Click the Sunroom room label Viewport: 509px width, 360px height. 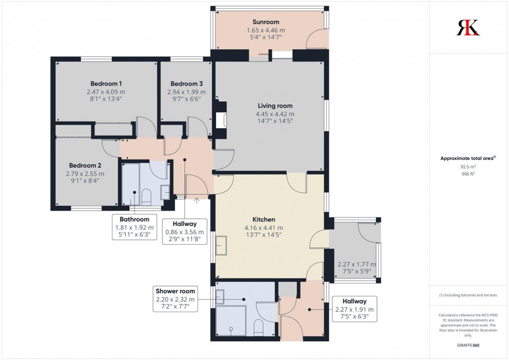(266, 22)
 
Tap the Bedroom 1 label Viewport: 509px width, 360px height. (106, 84)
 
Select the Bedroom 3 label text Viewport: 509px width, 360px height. (186, 84)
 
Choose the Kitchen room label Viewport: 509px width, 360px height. (264, 220)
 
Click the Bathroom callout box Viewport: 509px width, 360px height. (134, 228)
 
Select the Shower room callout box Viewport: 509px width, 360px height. (175, 299)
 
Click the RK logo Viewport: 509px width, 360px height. (468, 27)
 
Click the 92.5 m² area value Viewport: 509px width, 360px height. (468, 167)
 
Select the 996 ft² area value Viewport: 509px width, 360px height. (468, 174)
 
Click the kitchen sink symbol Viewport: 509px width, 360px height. (221, 246)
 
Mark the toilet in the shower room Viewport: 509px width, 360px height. (258, 327)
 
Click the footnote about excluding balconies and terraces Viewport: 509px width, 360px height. (468, 295)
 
